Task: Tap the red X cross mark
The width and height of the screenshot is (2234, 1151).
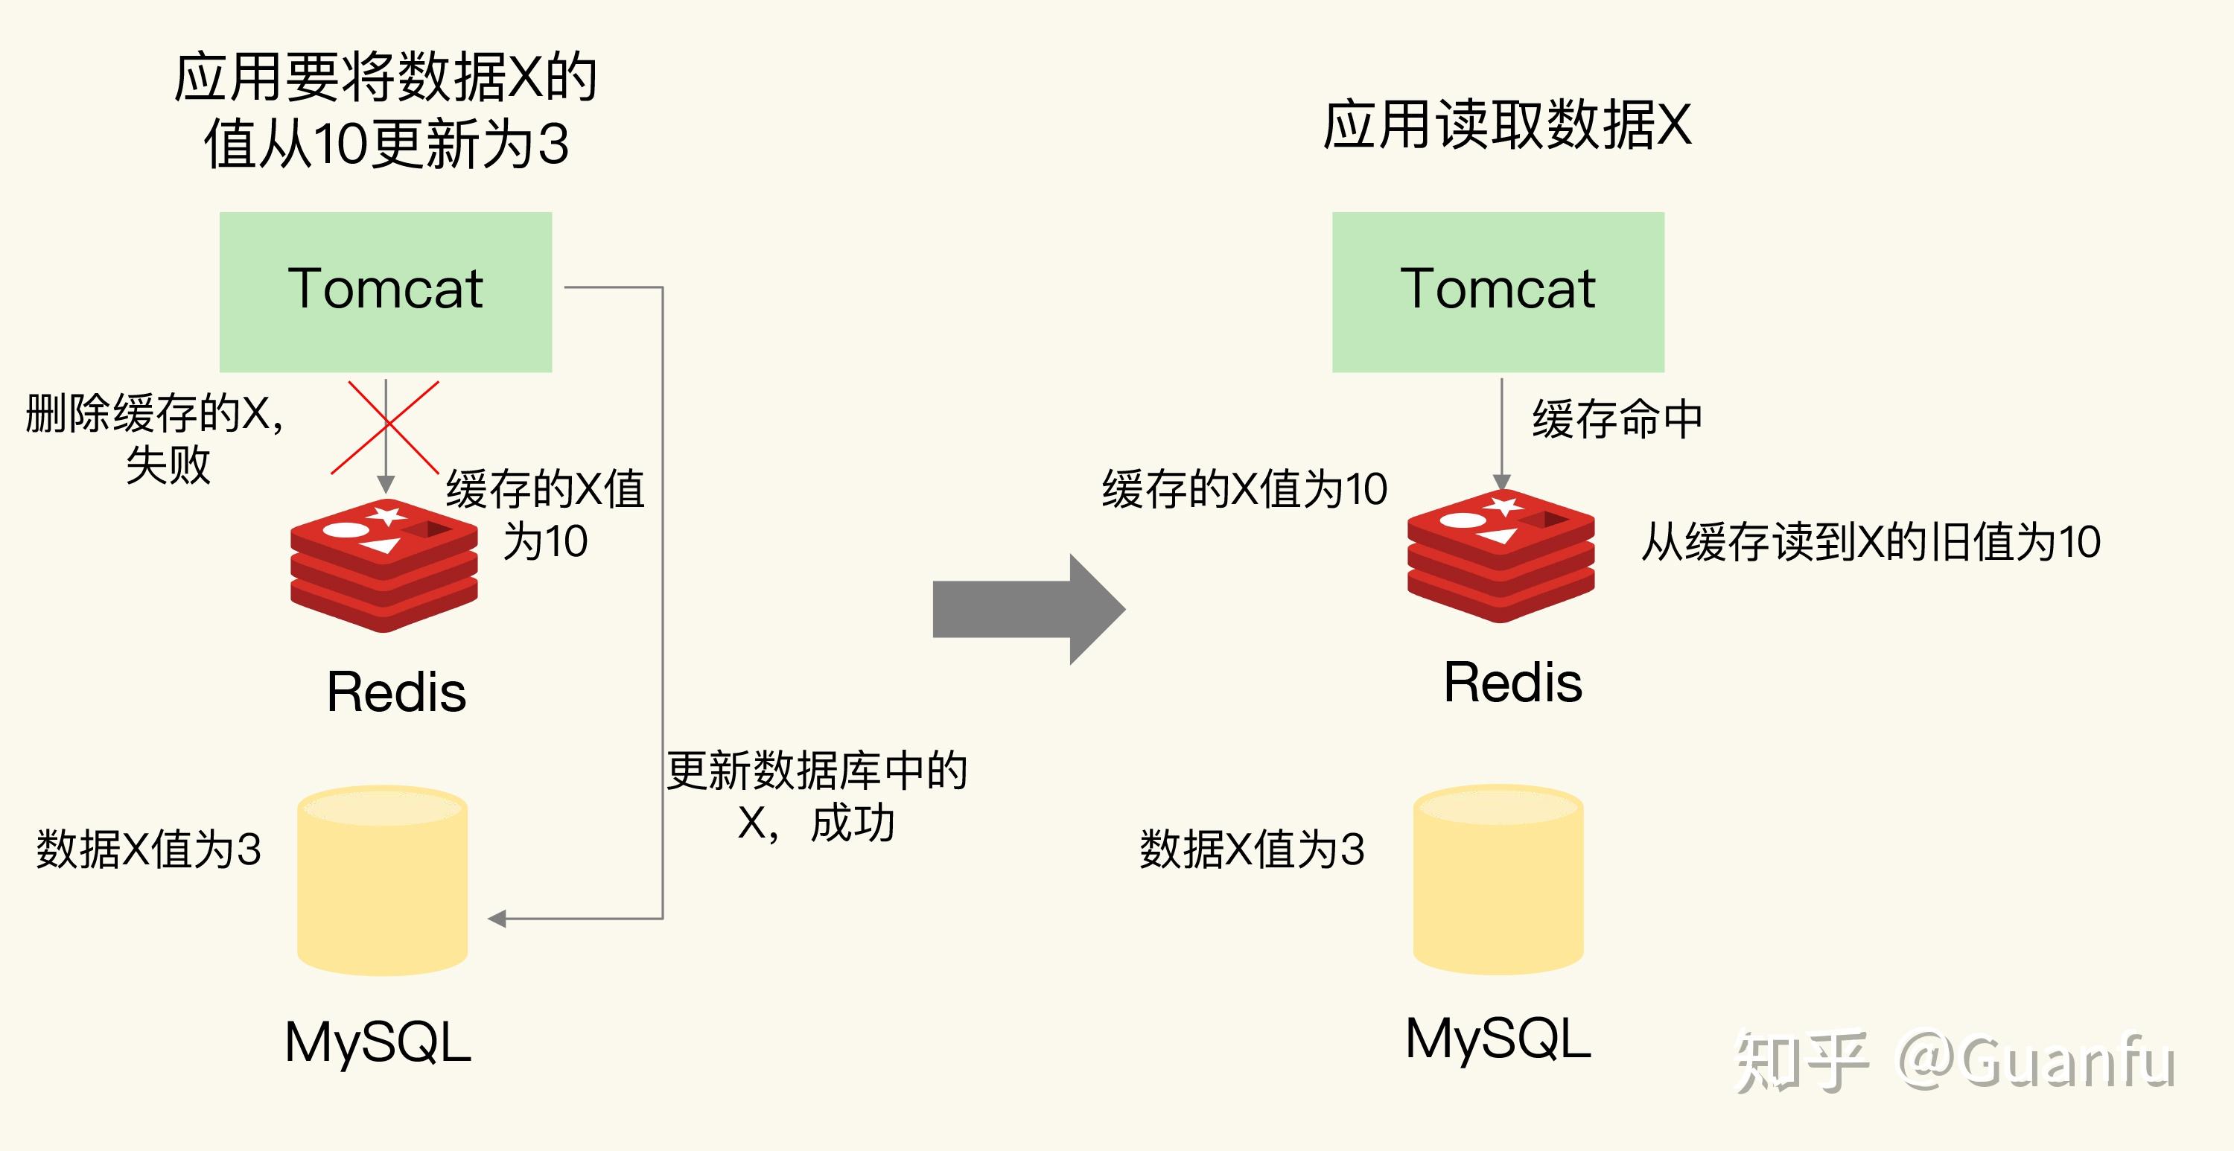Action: pyautogui.click(x=385, y=427)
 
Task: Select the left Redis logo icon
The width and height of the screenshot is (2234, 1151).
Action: pyautogui.click(x=384, y=566)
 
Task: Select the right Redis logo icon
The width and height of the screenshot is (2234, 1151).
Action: pyautogui.click(x=1501, y=556)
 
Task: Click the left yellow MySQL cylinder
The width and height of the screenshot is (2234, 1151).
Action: pyautogui.click(x=383, y=881)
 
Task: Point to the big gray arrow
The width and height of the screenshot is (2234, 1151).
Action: pyautogui.click(x=1028, y=609)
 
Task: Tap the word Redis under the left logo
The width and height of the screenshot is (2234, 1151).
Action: pyautogui.click(x=396, y=692)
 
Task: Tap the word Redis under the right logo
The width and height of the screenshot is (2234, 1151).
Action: pyautogui.click(x=1512, y=683)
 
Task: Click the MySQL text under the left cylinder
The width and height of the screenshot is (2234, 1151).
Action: pyautogui.click(x=378, y=1042)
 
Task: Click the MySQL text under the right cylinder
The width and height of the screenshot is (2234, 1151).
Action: pyautogui.click(x=1498, y=1039)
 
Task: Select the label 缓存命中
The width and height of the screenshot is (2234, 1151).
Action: pyautogui.click(x=1617, y=419)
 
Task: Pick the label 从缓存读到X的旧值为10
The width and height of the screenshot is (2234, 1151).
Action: pyautogui.click(x=1871, y=543)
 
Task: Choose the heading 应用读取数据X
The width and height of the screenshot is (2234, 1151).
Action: pyautogui.click(x=1506, y=126)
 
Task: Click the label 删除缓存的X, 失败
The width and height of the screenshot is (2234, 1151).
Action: pyautogui.click(x=156, y=438)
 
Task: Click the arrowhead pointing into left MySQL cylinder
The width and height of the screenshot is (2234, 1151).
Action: pyautogui.click(x=497, y=919)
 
